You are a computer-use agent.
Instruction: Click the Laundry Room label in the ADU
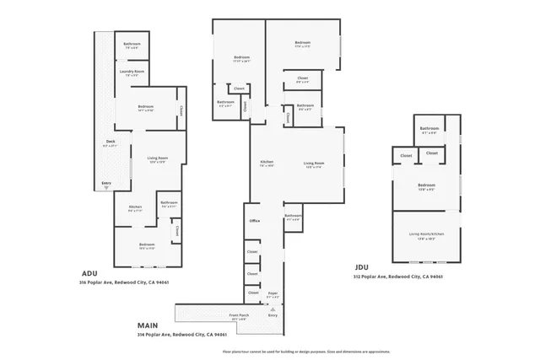click(x=132, y=72)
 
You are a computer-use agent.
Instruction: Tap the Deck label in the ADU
click(x=110, y=142)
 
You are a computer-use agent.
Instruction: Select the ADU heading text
click(x=91, y=273)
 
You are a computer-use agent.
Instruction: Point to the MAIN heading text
click(x=147, y=324)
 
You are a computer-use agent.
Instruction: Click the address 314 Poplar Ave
click(x=181, y=334)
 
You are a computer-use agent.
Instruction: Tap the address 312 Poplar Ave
click(x=398, y=277)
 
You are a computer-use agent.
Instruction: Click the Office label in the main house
click(x=254, y=221)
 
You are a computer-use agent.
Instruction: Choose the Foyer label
click(x=272, y=295)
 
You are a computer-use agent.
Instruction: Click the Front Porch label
click(x=240, y=317)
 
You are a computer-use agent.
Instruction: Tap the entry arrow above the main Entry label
click(x=272, y=309)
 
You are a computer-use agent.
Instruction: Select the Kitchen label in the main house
click(x=267, y=162)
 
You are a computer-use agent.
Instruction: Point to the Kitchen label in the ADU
click(x=134, y=207)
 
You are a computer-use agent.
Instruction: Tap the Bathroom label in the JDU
click(x=429, y=129)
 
